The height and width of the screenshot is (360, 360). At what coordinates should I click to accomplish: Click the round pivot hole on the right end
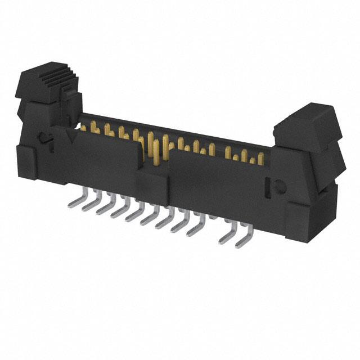278,185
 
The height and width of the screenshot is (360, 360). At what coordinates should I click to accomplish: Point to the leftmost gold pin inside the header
84,128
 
